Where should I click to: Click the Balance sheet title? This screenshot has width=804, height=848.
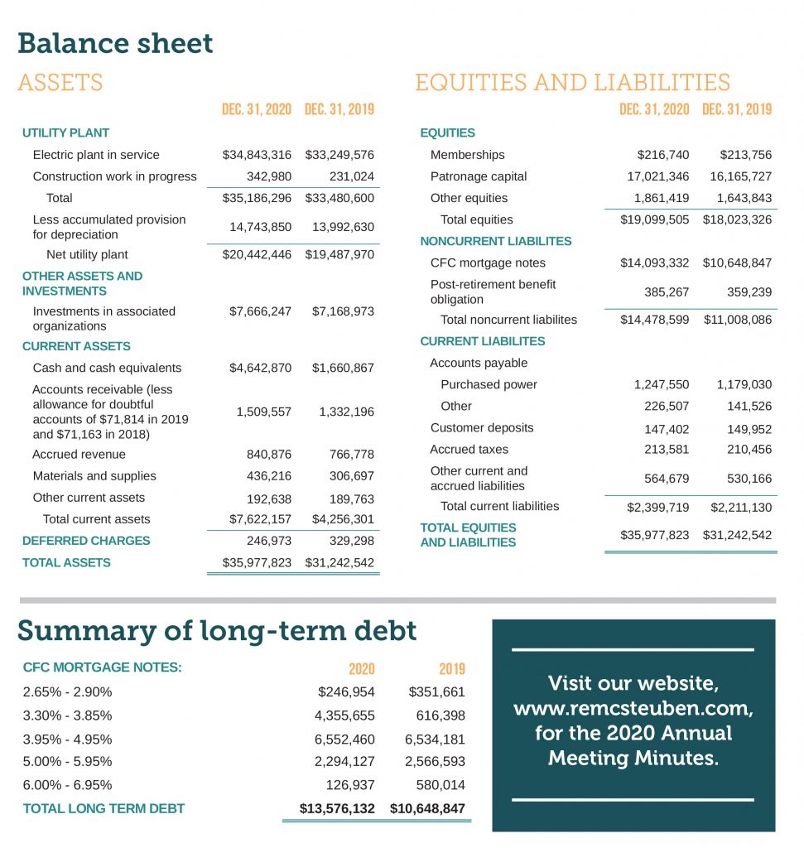115,43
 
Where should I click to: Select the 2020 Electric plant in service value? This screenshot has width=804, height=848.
257,155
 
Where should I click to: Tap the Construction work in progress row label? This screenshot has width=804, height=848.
114,176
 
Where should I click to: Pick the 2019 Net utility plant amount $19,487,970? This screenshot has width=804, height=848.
339,255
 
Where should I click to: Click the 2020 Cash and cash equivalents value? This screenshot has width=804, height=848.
260,368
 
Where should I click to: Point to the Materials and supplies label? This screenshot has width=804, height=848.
94,476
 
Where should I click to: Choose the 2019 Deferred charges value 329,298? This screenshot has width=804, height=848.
346,541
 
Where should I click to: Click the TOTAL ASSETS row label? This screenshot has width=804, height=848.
66,562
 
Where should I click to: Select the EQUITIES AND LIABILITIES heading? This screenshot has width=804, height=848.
572,83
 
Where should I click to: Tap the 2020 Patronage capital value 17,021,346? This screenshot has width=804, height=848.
658,176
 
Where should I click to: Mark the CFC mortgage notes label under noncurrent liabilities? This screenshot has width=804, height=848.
488,263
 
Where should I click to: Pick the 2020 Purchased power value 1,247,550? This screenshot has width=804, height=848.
662,385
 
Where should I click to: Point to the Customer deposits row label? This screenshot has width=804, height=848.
482,428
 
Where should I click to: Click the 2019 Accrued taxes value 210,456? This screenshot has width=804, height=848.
749,450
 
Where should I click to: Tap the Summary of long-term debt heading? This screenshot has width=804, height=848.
217,631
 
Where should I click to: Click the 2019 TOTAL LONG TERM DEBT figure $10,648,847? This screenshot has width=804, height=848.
427,808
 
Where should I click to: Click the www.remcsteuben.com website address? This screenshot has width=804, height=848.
633,709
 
